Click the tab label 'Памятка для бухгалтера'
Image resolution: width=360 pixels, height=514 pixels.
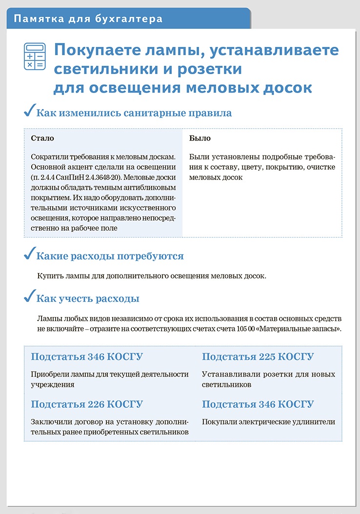click(88, 20)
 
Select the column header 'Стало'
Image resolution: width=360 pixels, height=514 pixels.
click(42, 138)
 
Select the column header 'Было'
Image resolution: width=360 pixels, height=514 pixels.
click(200, 138)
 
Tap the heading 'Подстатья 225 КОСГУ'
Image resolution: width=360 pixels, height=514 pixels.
click(258, 357)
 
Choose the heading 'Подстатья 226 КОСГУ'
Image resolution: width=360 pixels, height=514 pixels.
click(87, 404)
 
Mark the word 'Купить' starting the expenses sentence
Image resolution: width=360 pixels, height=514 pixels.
click(50, 276)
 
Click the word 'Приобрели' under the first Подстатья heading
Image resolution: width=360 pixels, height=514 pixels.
click(49, 375)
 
